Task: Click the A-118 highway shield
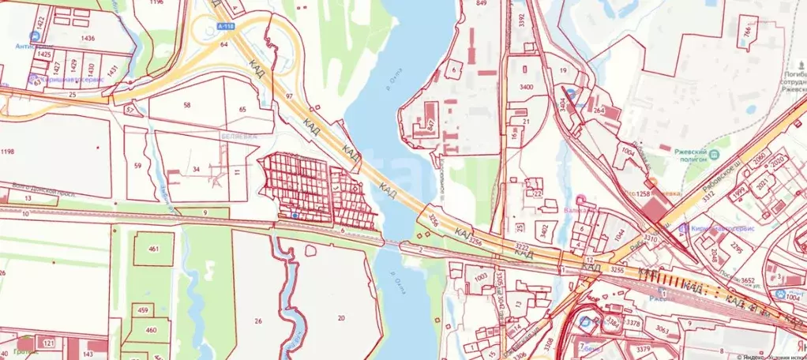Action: [224, 26]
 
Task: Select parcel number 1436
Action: [88, 38]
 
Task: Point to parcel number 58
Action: [187, 105]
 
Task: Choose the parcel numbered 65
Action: [242, 109]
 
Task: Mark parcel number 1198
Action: [8, 151]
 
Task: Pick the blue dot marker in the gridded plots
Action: [295, 215]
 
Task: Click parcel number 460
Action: [152, 330]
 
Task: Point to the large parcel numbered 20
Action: [341, 317]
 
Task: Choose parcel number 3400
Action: [526, 85]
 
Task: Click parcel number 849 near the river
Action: [481, 4]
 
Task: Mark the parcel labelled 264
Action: [599, 111]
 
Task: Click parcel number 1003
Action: [480, 278]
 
